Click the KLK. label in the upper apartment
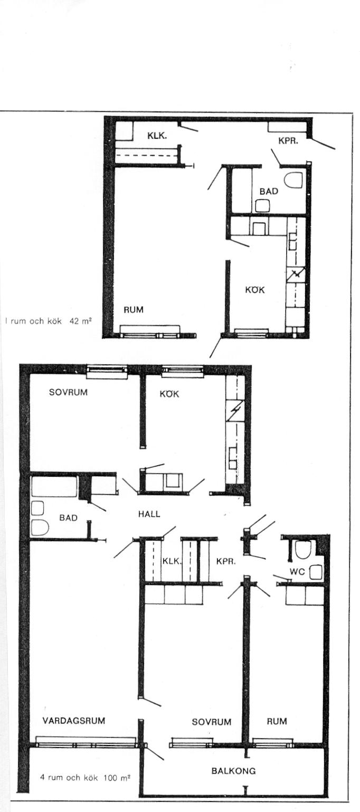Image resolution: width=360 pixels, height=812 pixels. tap(157, 136)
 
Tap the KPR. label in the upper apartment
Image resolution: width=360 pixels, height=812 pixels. tap(288, 141)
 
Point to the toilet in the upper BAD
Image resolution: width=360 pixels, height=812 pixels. tap(293, 180)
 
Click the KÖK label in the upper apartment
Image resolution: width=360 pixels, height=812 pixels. tap(255, 290)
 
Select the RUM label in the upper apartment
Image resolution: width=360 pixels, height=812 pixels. tap(134, 309)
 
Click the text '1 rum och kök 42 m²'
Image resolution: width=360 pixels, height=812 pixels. tap(48, 321)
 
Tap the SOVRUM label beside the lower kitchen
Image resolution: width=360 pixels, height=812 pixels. tap(69, 392)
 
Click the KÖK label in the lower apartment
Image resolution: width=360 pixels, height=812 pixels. tap(169, 394)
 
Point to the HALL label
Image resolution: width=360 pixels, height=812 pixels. tap(149, 514)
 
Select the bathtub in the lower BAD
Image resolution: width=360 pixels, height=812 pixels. tap(54, 487)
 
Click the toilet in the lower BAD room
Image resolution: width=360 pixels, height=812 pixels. tap(40, 528)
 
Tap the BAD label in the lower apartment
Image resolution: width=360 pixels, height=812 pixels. tap(69, 518)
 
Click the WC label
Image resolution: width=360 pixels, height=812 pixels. tap(297, 572)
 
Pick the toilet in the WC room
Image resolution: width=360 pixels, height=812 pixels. tap(303, 550)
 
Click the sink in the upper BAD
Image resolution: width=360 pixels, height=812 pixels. tap(262, 206)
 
